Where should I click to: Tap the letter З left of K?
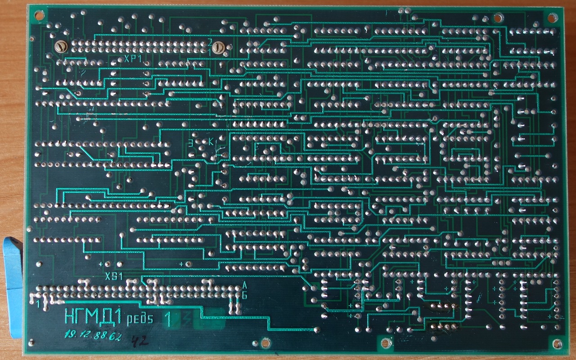point(191,143)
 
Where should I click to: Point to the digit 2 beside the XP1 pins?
point(210,42)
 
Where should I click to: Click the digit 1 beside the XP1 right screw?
point(210,53)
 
